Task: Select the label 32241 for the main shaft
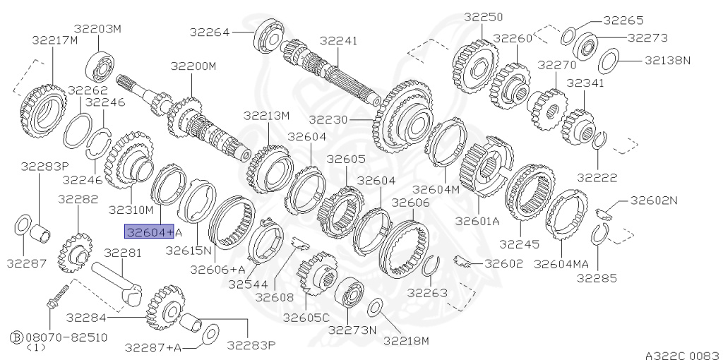pyautogui.click(x=338, y=40)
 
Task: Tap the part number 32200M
pyautogui.click(x=193, y=66)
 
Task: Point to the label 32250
pyautogui.click(x=483, y=17)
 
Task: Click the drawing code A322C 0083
pyautogui.click(x=683, y=355)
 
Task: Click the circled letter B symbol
pyautogui.click(x=17, y=337)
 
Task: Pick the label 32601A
pyautogui.click(x=478, y=221)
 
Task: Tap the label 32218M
pyautogui.click(x=406, y=341)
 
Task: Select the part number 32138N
pyautogui.click(x=668, y=60)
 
